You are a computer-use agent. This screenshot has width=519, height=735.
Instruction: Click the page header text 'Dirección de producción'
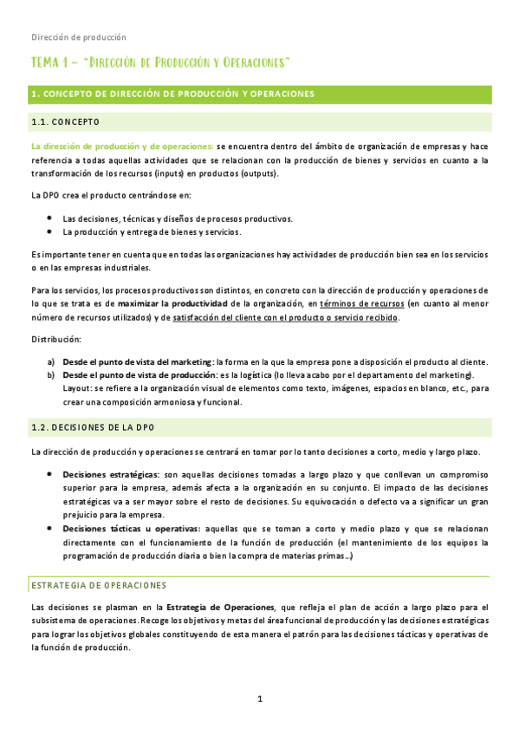pyautogui.click(x=79, y=37)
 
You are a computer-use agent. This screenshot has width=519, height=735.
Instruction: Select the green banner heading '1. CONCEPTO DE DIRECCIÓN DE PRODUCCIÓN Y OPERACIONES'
pyautogui.click(x=172, y=94)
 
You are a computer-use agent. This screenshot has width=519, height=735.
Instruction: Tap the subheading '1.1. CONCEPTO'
pyautogui.click(x=65, y=120)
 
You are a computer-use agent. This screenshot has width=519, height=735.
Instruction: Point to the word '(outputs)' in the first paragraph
pyautogui.click(x=257, y=173)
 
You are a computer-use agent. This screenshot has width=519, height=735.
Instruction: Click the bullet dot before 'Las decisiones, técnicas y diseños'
pyautogui.click(x=51, y=218)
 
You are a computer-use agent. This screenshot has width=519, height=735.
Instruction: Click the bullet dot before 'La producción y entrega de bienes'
pyautogui.click(x=51, y=231)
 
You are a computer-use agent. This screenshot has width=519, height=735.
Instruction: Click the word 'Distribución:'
pyautogui.click(x=56, y=339)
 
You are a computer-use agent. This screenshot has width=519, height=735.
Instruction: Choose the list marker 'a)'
pyautogui.click(x=51, y=361)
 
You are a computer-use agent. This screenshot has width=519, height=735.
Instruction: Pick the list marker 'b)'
pyautogui.click(x=51, y=374)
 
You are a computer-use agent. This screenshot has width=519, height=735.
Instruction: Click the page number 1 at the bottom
pyautogui.click(x=259, y=699)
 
